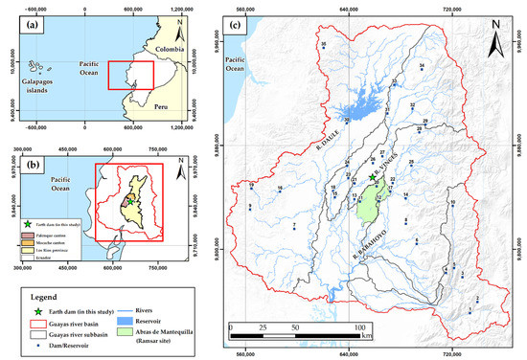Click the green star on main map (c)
coord(372,178)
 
